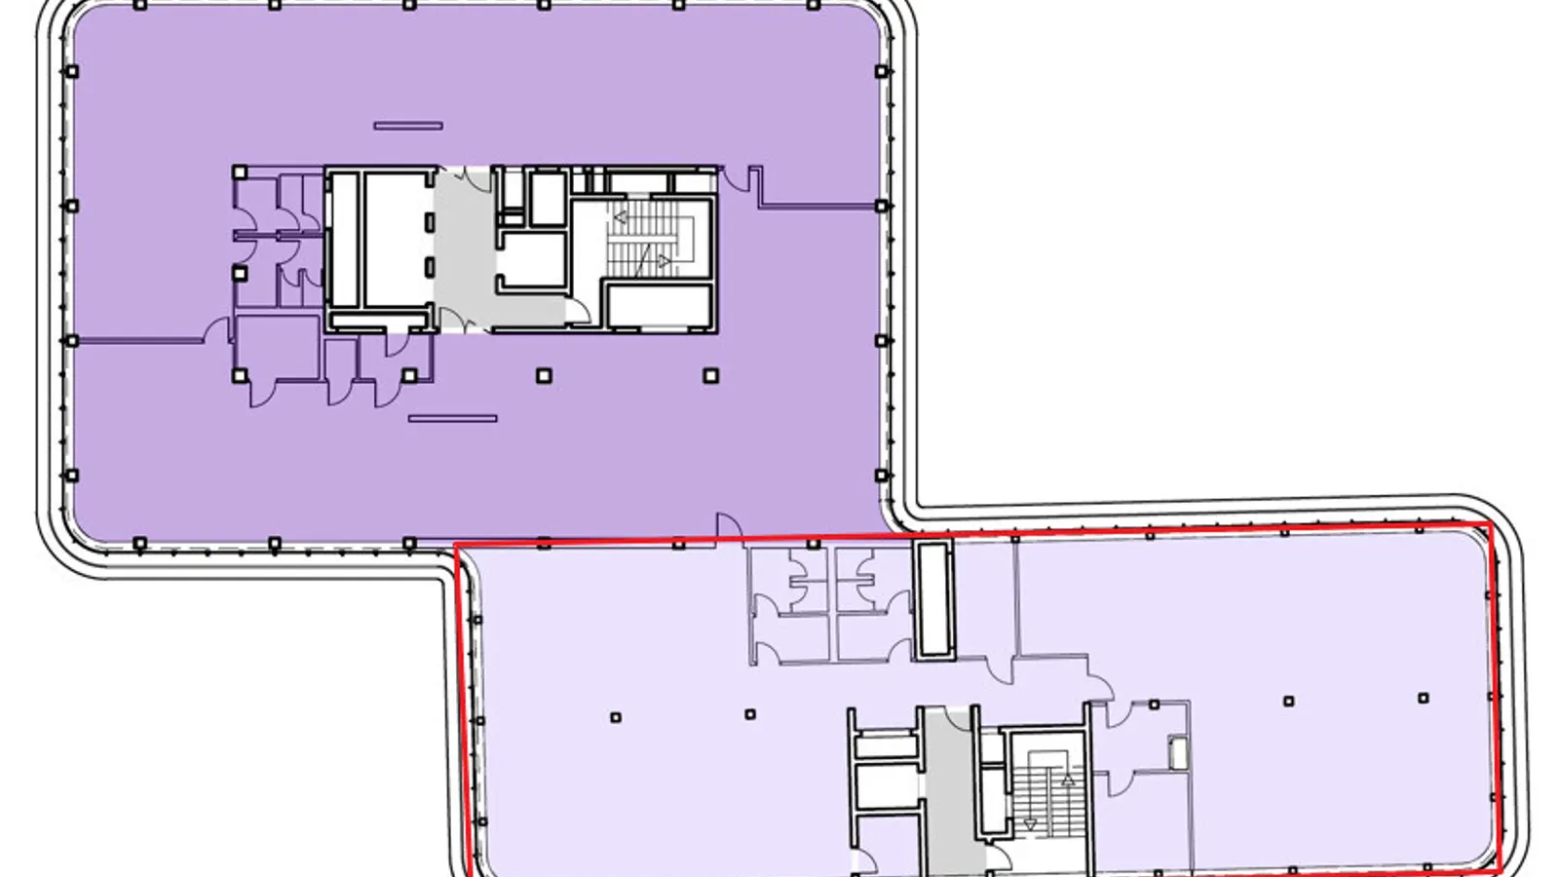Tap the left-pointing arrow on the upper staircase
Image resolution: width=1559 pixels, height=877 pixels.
pos(620,217)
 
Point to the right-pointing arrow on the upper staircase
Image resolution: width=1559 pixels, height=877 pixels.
pos(664,260)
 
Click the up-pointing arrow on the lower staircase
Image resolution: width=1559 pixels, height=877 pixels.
pos(1068,781)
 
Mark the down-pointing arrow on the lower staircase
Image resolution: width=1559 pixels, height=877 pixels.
pos(1030,823)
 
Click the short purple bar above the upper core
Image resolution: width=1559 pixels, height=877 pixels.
pos(408,126)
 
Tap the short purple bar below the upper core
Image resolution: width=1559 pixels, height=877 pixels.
pos(452,419)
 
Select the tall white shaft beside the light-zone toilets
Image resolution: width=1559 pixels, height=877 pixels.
pos(932,598)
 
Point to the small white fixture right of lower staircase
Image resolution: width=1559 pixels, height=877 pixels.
pos(1178,753)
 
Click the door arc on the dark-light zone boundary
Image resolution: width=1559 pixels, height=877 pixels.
pos(728,525)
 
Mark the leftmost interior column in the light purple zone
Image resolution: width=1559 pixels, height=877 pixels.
pos(615,718)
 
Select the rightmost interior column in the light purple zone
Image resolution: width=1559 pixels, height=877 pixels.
pos(1423,699)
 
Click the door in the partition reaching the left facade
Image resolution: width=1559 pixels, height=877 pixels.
pos(216,331)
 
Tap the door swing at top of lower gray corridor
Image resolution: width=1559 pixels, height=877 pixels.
pos(961,718)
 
